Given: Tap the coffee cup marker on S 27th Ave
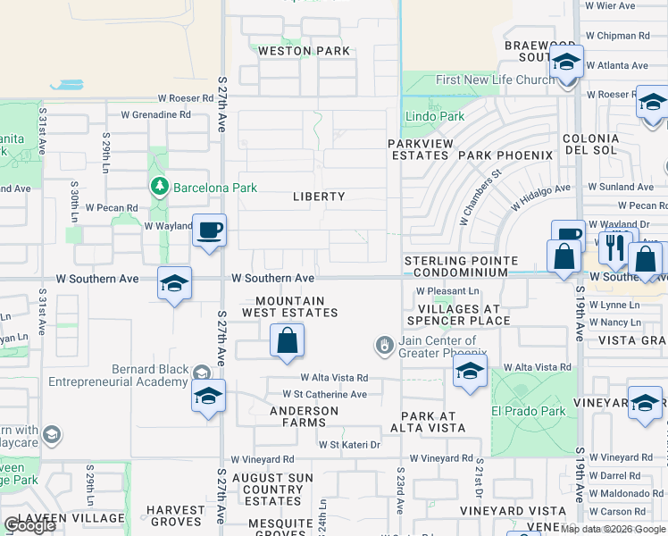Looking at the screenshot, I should [209, 231].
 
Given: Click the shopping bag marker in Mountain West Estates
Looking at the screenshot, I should [287, 340].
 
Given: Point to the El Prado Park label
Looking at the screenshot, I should [529, 412].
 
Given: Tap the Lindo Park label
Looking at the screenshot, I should [435, 116].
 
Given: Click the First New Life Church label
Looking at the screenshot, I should [495, 80].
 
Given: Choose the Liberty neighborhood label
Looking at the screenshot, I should [319, 197].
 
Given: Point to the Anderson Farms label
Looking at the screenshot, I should [305, 417].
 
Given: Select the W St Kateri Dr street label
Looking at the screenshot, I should [349, 444].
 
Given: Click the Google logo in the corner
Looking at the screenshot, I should [29, 526].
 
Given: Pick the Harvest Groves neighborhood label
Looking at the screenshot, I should [176, 515].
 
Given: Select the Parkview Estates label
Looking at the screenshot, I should [418, 149].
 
